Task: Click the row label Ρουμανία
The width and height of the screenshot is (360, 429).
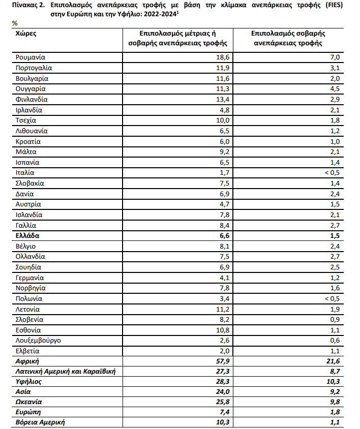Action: (31, 57)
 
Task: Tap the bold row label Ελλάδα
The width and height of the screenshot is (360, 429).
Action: (27, 236)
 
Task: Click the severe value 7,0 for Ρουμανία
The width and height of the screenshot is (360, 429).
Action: (335, 57)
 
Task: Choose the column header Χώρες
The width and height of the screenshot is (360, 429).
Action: (26, 34)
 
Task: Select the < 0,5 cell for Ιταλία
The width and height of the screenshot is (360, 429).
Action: (331, 173)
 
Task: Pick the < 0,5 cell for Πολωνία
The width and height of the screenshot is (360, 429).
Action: (331, 298)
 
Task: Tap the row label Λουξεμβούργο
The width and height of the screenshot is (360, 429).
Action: (39, 340)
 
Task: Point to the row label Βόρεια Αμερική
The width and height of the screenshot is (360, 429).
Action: (40, 422)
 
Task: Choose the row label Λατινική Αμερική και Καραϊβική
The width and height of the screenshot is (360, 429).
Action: (66, 371)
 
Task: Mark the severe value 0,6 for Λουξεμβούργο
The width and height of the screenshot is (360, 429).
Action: (335, 340)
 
